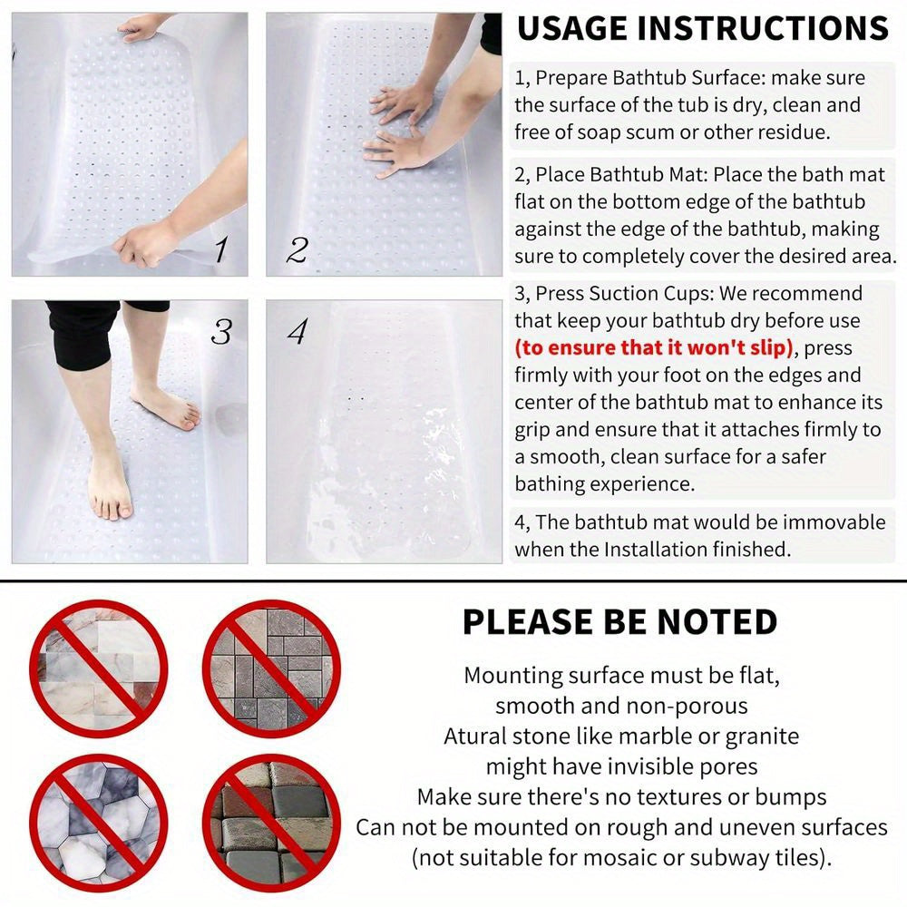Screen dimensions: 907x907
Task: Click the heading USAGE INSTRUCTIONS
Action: (x=702, y=28)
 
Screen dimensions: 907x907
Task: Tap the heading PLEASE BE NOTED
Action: (x=619, y=622)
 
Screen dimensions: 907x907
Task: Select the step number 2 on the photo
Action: (x=297, y=249)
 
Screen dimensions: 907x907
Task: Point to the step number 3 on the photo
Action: (x=220, y=332)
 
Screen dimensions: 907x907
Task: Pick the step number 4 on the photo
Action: (x=297, y=332)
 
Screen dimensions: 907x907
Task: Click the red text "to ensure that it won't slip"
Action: (x=655, y=347)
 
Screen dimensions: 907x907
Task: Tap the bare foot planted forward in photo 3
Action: (x=111, y=490)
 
